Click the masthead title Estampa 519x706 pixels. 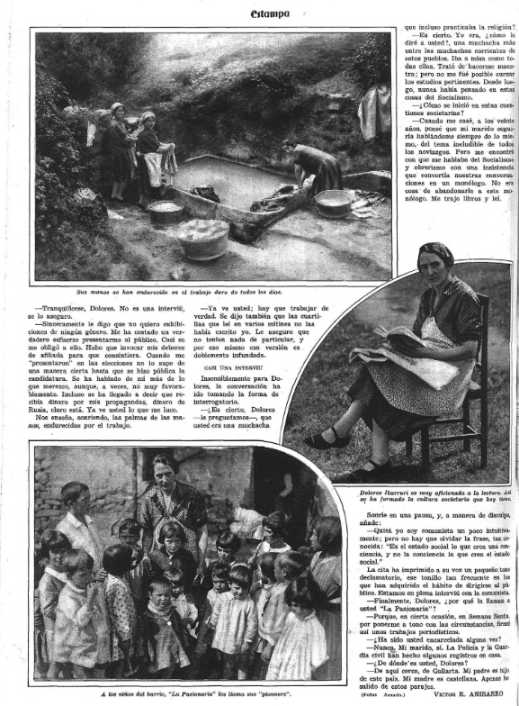click(270, 14)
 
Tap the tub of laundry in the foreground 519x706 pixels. click(203, 237)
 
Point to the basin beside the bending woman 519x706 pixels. click(334, 202)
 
